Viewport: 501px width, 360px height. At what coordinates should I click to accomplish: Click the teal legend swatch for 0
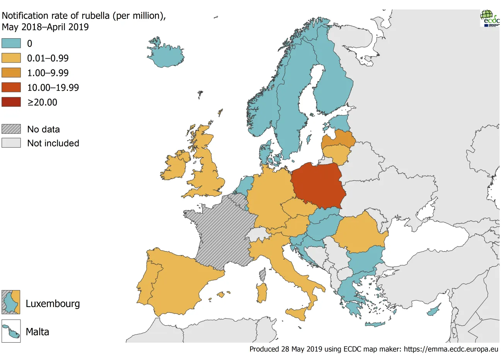click(x=11, y=43)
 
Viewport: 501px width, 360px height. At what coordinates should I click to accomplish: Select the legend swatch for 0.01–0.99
click(x=11, y=58)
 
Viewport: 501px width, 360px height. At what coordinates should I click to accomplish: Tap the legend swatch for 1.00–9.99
click(x=11, y=73)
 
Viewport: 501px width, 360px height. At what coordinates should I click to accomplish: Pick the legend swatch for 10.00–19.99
click(x=11, y=87)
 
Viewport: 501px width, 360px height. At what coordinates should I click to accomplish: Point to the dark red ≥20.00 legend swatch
click(x=11, y=102)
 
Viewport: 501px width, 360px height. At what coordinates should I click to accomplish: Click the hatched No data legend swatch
click(x=11, y=129)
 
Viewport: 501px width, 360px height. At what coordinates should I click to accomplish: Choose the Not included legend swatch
click(x=11, y=143)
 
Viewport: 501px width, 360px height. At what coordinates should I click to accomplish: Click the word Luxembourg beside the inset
click(x=53, y=304)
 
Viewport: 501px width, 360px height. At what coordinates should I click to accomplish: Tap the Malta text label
click(x=37, y=332)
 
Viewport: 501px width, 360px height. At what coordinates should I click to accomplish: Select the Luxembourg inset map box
click(x=11, y=302)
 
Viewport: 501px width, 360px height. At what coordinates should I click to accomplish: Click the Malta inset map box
click(x=11, y=331)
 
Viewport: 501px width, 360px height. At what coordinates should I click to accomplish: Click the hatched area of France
click(x=220, y=236)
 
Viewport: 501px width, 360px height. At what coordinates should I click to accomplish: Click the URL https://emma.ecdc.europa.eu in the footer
click(x=451, y=349)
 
